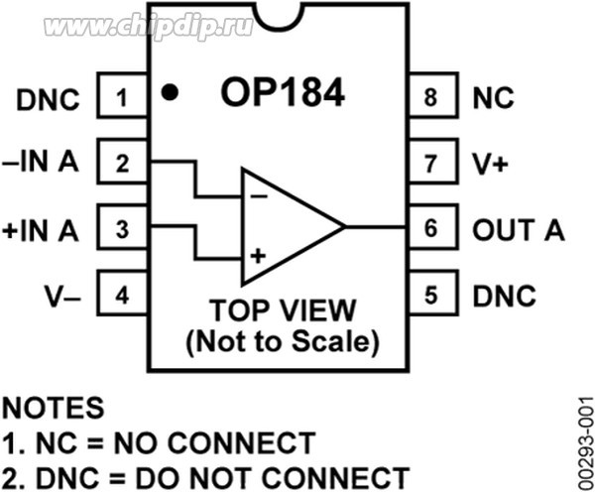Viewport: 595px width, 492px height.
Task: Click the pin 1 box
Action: click(x=121, y=98)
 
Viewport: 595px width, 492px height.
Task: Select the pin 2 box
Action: click(x=121, y=164)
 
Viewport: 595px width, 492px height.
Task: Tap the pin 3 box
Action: click(x=121, y=230)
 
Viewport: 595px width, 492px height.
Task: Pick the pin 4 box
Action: click(x=121, y=296)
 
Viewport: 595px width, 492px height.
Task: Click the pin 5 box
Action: click(x=429, y=296)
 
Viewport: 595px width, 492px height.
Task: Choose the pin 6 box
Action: click(x=429, y=230)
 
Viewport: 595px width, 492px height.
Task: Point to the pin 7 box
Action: click(x=429, y=164)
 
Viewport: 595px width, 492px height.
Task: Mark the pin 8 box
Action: click(x=429, y=98)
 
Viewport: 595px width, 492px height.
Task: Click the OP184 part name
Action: click(x=282, y=94)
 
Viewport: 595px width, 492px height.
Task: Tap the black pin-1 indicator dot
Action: click(x=171, y=93)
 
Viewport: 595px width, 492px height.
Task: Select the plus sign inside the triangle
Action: click(x=258, y=256)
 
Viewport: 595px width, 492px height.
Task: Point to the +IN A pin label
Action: click(x=41, y=230)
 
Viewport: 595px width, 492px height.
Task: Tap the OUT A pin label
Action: click(x=518, y=230)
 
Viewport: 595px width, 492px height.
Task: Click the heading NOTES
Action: click(x=52, y=408)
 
